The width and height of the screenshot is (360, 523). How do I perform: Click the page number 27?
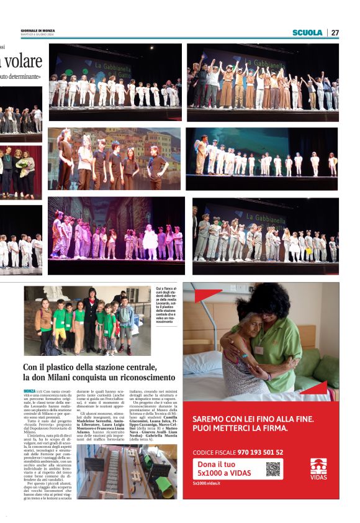[335, 32]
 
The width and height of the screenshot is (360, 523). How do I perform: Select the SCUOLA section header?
[307, 32]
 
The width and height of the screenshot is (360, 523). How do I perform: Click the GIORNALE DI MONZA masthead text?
[38, 30]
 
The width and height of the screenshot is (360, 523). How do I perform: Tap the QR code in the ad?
[273, 469]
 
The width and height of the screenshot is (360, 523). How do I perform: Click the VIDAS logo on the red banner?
[318, 466]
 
